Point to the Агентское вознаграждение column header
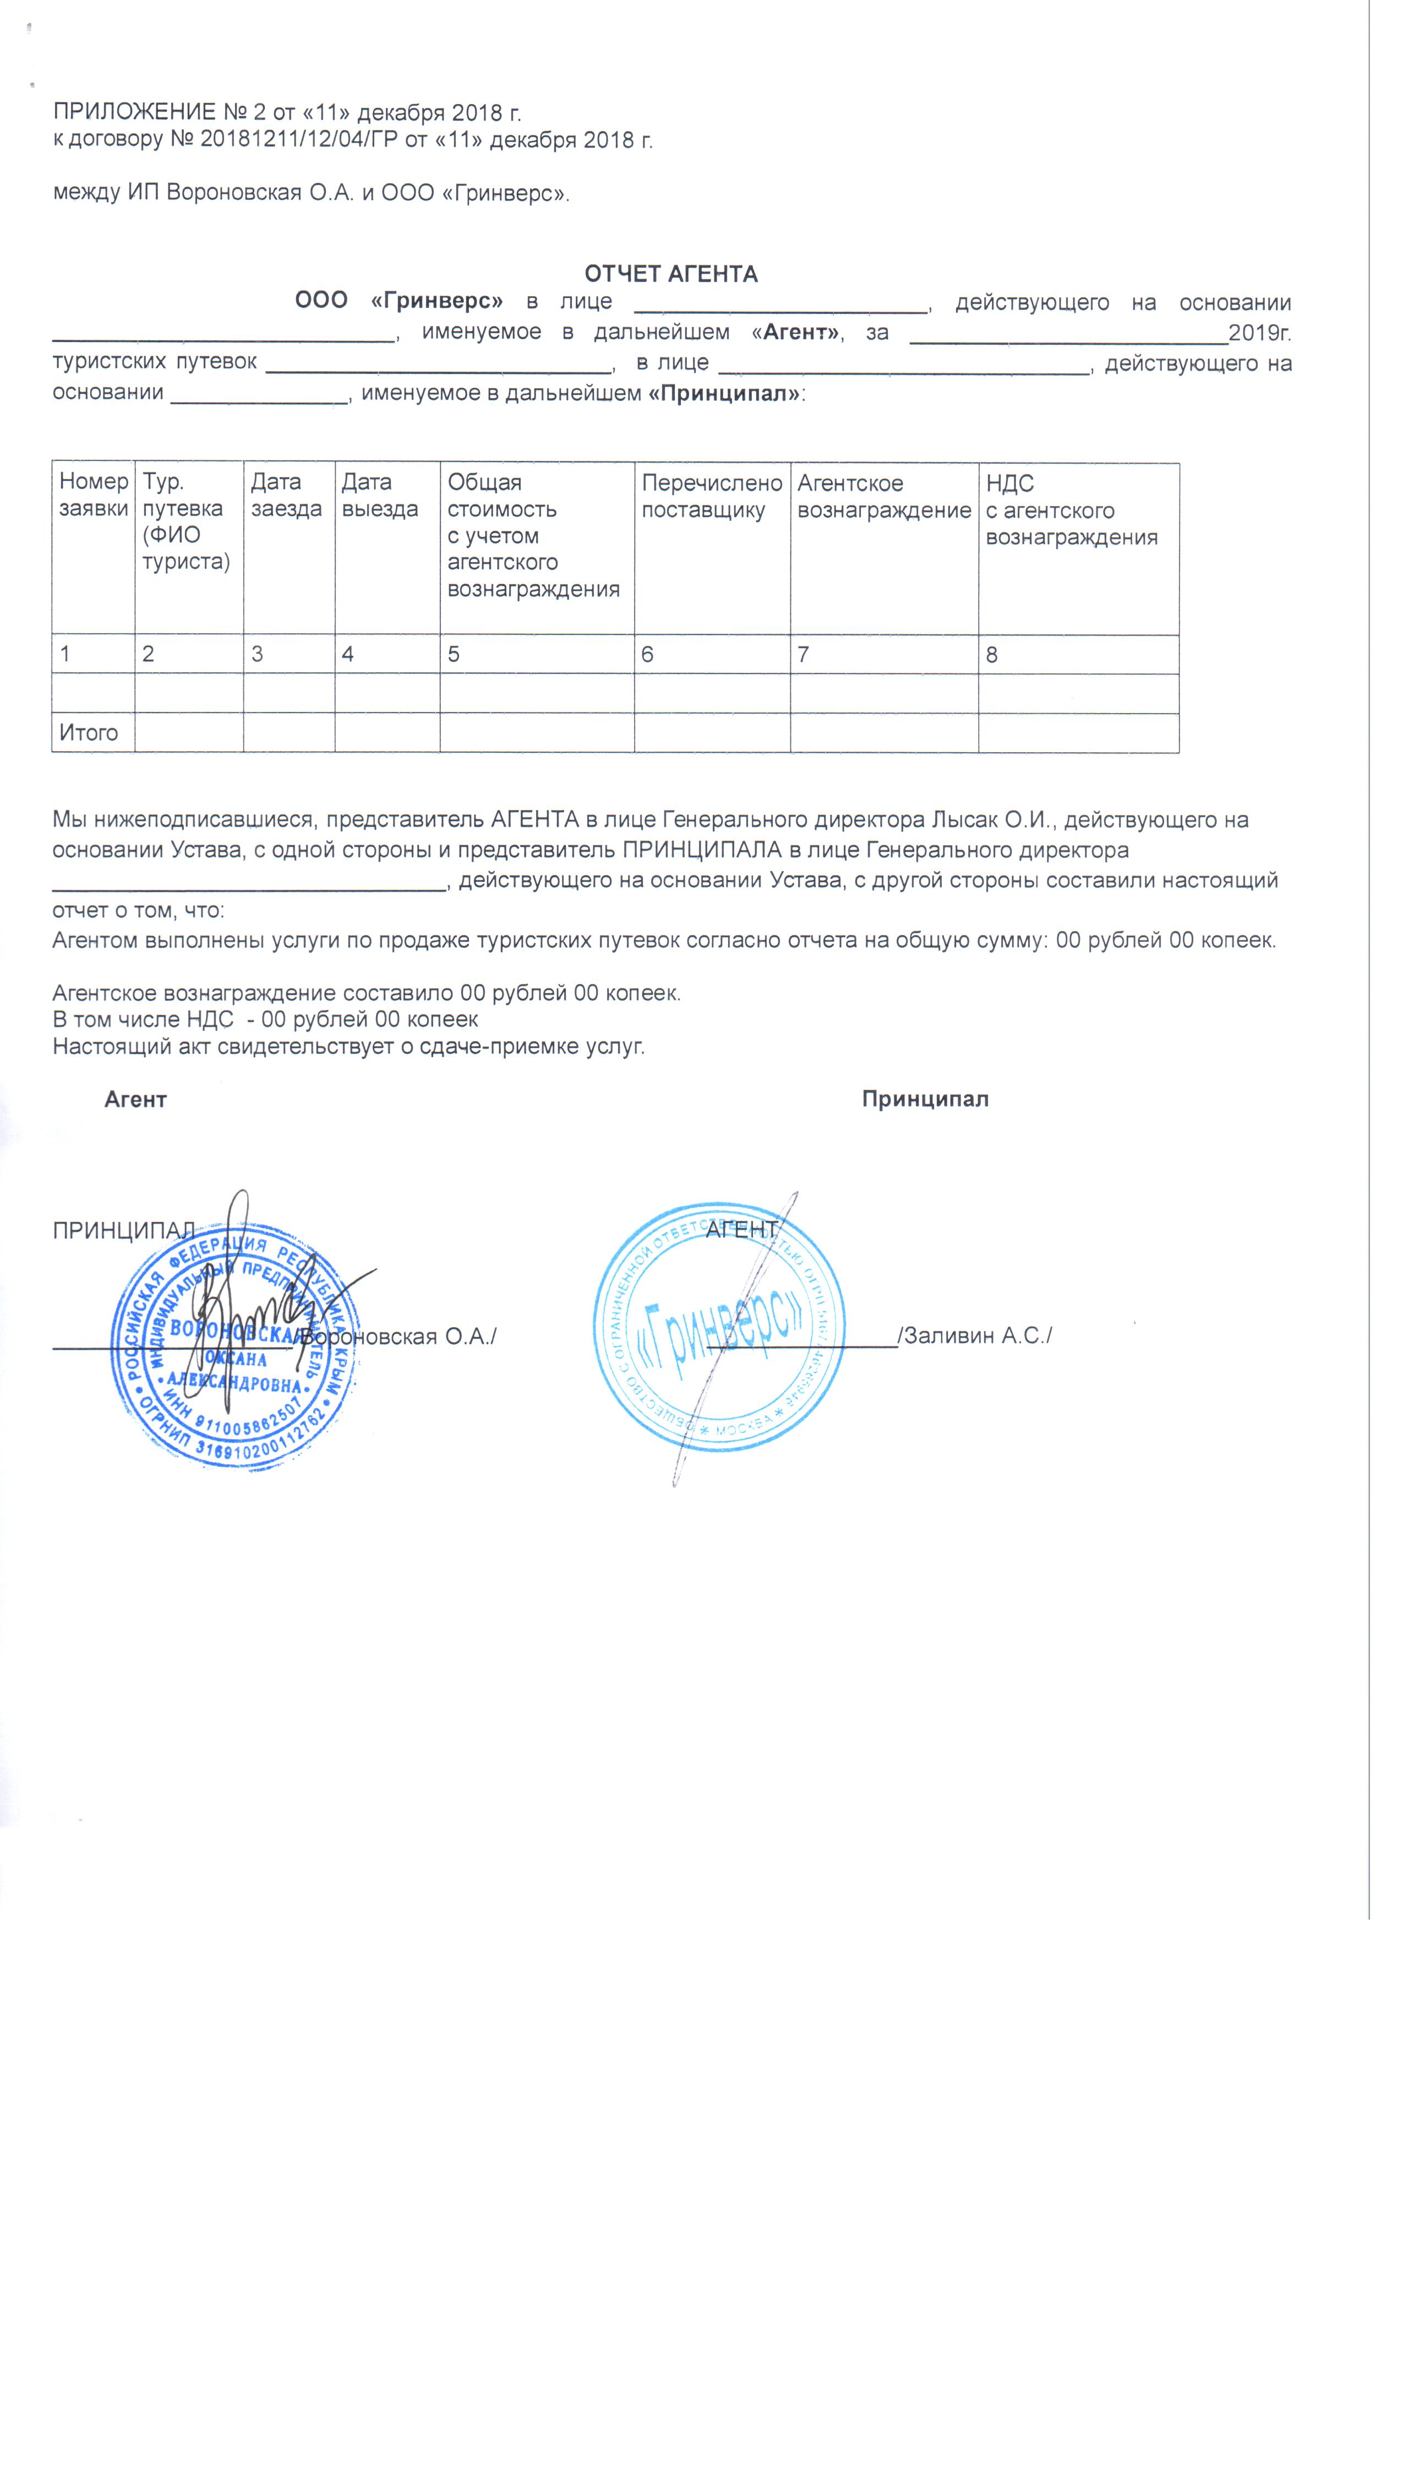point(883,496)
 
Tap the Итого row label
point(89,732)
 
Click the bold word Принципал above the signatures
point(925,1100)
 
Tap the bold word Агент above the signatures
point(136,1100)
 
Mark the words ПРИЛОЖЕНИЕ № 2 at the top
point(159,113)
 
